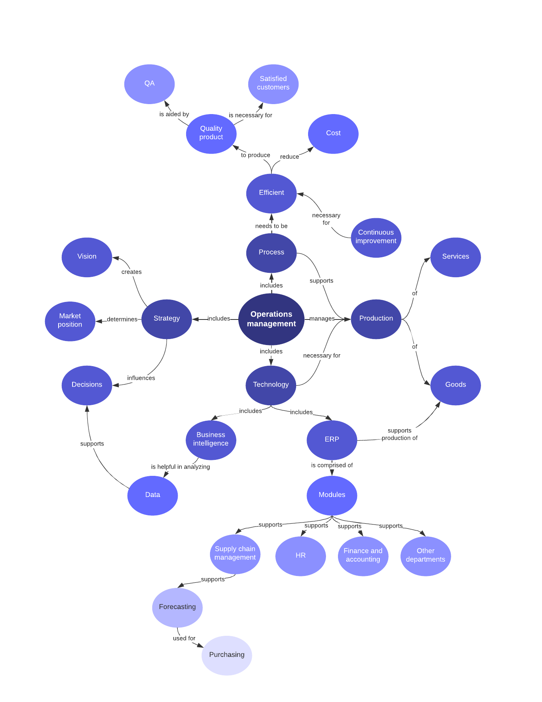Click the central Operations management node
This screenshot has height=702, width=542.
click(x=271, y=319)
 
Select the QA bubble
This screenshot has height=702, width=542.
click(x=149, y=84)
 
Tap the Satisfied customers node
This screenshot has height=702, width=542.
click(x=273, y=84)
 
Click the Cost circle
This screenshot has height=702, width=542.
click(x=333, y=134)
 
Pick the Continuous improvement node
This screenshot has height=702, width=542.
click(x=376, y=237)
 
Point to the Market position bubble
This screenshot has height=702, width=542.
click(x=70, y=321)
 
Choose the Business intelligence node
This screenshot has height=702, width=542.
click(x=211, y=440)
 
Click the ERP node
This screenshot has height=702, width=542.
click(x=332, y=440)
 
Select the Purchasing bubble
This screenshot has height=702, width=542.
click(x=227, y=655)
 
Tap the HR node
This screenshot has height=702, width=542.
click(x=300, y=556)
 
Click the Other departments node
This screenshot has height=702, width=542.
click(x=425, y=556)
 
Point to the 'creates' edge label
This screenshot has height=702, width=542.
click(x=132, y=272)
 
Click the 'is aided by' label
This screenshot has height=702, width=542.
click(x=174, y=114)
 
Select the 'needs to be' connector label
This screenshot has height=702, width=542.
click(x=271, y=226)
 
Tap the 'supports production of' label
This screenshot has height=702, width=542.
click(x=399, y=434)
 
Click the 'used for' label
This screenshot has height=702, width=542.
click(x=184, y=638)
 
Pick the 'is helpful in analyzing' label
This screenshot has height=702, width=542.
click(x=181, y=467)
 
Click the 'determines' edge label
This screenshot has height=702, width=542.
click(x=122, y=319)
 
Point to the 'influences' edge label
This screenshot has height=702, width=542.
click(x=141, y=378)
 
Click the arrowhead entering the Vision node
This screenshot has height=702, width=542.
click(x=116, y=258)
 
